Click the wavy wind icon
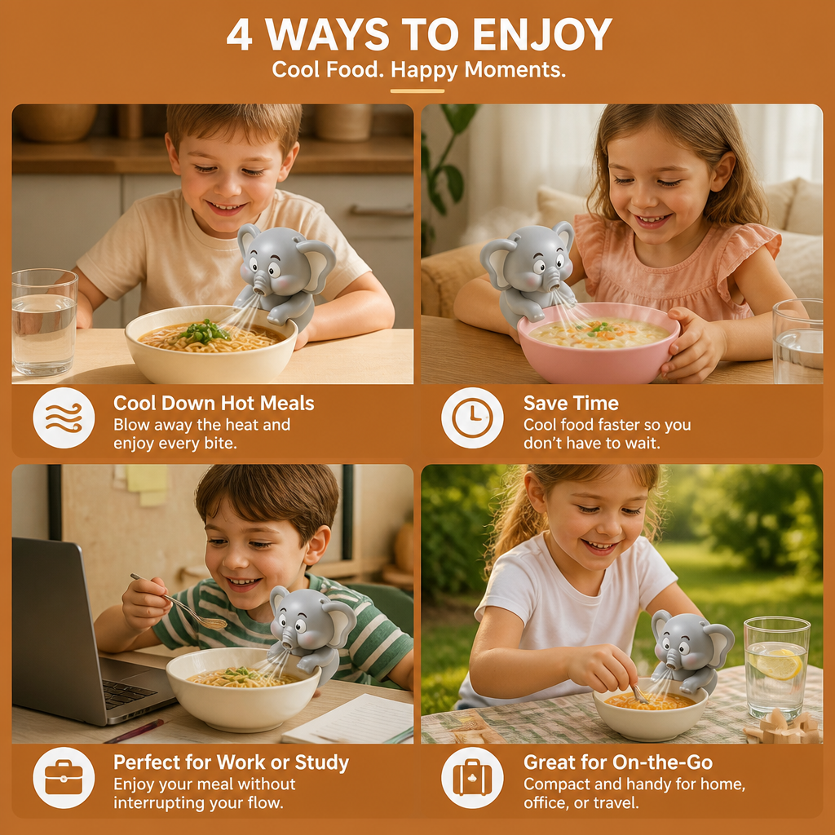pyautogui.click(x=64, y=417)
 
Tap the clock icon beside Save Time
pyautogui.click(x=472, y=417)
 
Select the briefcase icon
pyautogui.click(x=64, y=777)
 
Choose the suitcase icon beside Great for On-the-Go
pyautogui.click(x=472, y=777)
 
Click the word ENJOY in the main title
pyautogui.click(x=542, y=35)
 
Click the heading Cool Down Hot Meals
pyautogui.click(x=214, y=403)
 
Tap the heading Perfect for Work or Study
pyautogui.click(x=231, y=762)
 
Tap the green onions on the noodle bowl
pyautogui.click(x=204, y=331)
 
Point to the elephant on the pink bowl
pyautogui.click(x=528, y=272)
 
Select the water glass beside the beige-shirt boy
pyautogui.click(x=44, y=323)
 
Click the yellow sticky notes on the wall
pyautogui.click(x=147, y=484)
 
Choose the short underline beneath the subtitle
pyautogui.click(x=417, y=91)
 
